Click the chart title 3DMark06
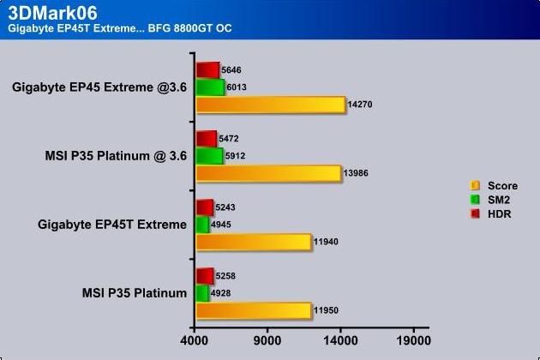tap(52, 13)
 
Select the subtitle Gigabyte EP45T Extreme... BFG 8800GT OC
tap(119, 28)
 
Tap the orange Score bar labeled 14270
tap(271, 105)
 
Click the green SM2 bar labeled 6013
tap(210, 87)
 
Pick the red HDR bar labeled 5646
tap(207, 70)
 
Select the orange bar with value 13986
tap(268, 173)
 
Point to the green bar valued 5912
tap(209, 156)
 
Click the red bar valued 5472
tap(207, 139)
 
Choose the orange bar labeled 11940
tap(254, 242)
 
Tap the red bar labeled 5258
tap(205, 276)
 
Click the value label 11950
tap(326, 310)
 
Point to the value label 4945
tap(221, 225)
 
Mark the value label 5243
tap(225, 207)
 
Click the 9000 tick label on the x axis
tap(267, 340)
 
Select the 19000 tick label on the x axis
tap(414, 340)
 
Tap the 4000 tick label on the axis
tap(195, 340)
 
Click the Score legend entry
tap(495, 186)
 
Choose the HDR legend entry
tap(491, 214)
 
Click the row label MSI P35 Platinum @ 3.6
tap(116, 156)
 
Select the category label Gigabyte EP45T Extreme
tap(112, 225)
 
